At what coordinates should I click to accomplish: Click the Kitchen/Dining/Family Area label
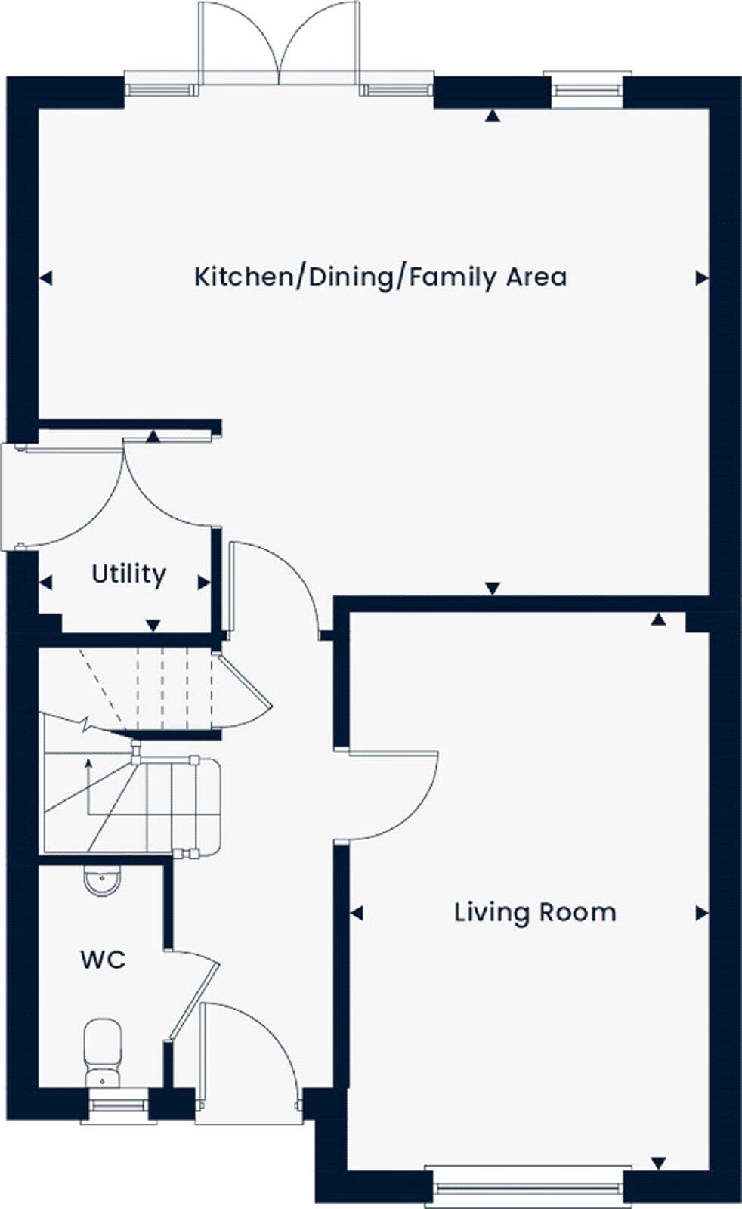[x=380, y=277]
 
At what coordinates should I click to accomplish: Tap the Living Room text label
[x=535, y=912]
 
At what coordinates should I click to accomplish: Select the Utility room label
[x=128, y=574]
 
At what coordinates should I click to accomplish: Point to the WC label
[x=103, y=960]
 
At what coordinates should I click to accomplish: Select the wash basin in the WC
[x=102, y=881]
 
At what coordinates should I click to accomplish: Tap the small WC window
[x=119, y=1105]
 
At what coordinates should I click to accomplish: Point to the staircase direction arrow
[x=89, y=786]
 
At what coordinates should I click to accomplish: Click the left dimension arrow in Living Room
[x=357, y=914]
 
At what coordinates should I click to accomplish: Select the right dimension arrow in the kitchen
[x=701, y=278]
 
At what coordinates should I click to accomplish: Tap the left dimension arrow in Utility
[x=46, y=583]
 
